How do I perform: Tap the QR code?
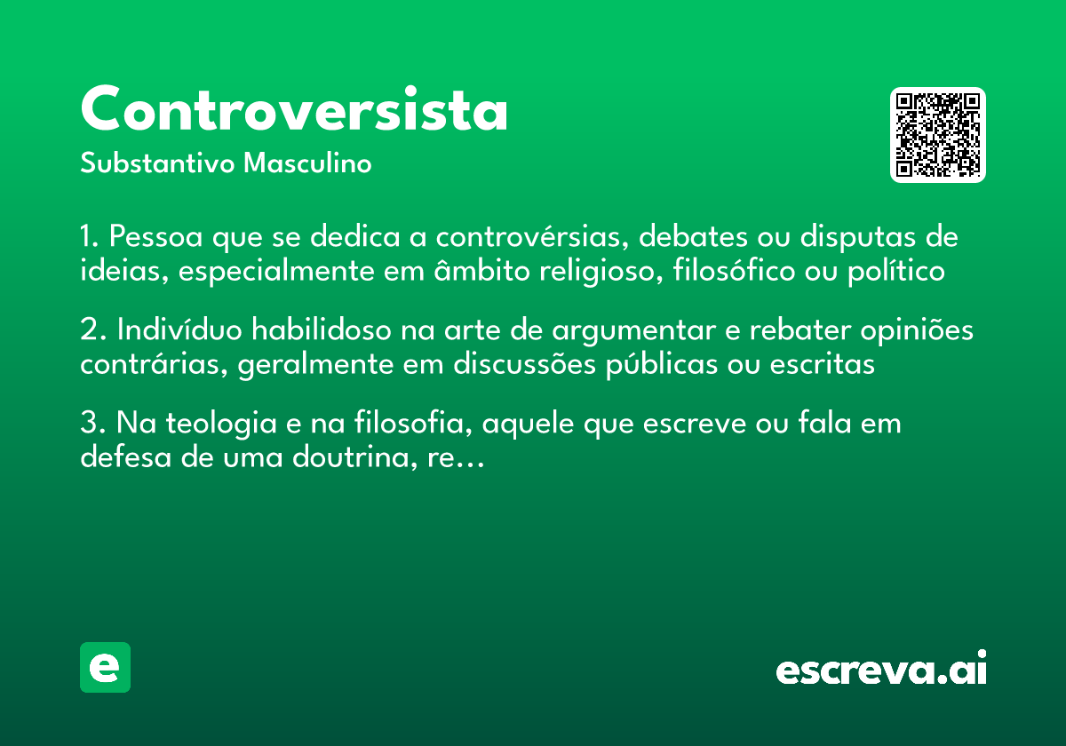(x=937, y=135)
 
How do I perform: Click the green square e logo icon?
(x=105, y=667)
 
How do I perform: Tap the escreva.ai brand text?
(x=881, y=670)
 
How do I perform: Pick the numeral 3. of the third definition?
(x=91, y=423)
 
